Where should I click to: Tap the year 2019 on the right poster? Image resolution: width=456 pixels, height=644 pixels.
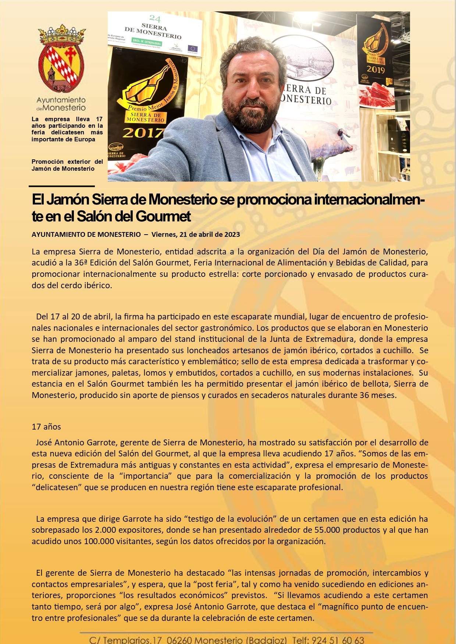pyautogui.click(x=375, y=69)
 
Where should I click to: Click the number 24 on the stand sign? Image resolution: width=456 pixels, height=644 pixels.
pyautogui.click(x=155, y=19)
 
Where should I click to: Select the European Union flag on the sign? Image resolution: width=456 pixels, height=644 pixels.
pyautogui.click(x=192, y=48)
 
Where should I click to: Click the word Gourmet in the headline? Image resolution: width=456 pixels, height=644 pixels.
pyautogui.click(x=163, y=216)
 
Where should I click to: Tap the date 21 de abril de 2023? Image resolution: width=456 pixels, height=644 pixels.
pyautogui.click(x=196, y=235)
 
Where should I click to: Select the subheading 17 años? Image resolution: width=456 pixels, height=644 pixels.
pyautogui.click(x=46, y=427)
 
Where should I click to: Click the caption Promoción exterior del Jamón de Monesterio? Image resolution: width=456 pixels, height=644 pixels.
pyautogui.click(x=67, y=165)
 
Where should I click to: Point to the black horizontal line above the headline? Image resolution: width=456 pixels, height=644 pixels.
pyautogui.click(x=61, y=186)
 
